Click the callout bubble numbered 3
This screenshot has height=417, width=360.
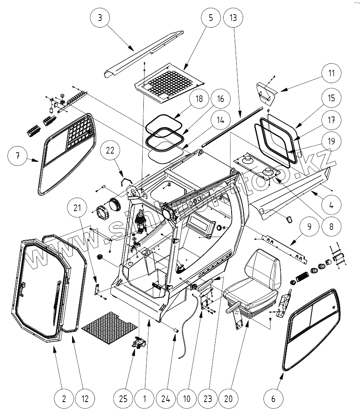point(100,18)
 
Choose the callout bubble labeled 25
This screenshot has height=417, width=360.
point(123,399)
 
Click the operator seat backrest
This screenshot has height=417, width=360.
point(264,268)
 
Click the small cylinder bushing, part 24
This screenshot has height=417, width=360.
point(176,328)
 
